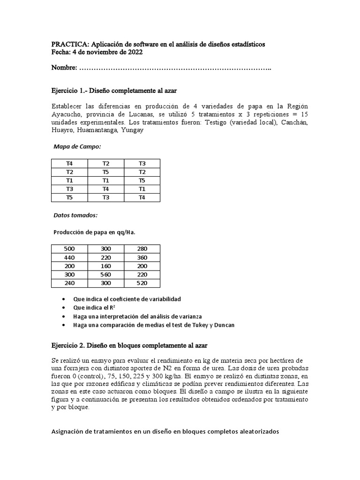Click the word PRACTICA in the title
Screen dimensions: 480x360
[x=69, y=44]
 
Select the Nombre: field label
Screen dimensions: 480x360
[x=65, y=69]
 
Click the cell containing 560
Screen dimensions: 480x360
[x=106, y=275]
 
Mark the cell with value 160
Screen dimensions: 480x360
[x=106, y=266]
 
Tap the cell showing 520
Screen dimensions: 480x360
[x=142, y=283]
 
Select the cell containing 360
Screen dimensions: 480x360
[x=142, y=257]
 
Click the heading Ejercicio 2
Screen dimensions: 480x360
[x=69, y=345]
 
